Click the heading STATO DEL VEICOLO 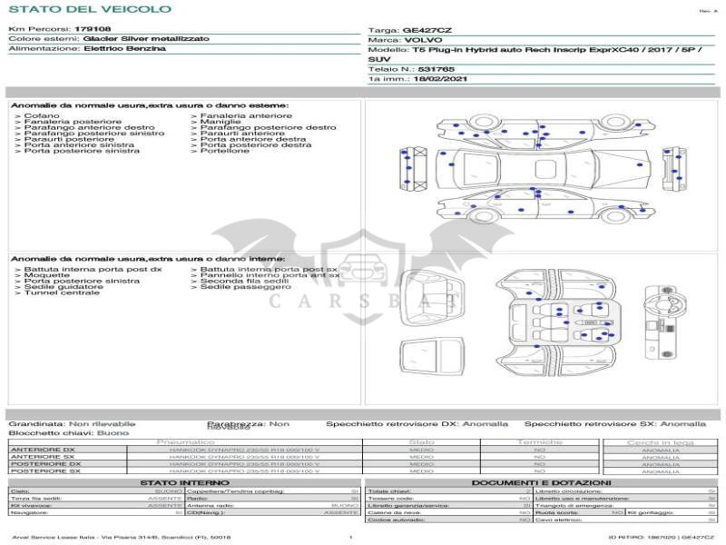(x=90, y=9)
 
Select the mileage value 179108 (x=92, y=29)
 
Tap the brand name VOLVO (x=424, y=40)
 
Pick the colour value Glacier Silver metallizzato (x=146, y=39)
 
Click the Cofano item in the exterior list (x=42, y=116)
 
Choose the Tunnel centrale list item (x=62, y=292)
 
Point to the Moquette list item (x=46, y=275)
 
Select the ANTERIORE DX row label (x=43, y=450)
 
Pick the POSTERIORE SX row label (x=44, y=471)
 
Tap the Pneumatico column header (x=186, y=441)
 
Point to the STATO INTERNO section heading (x=184, y=482)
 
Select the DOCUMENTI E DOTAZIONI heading (x=541, y=482)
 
